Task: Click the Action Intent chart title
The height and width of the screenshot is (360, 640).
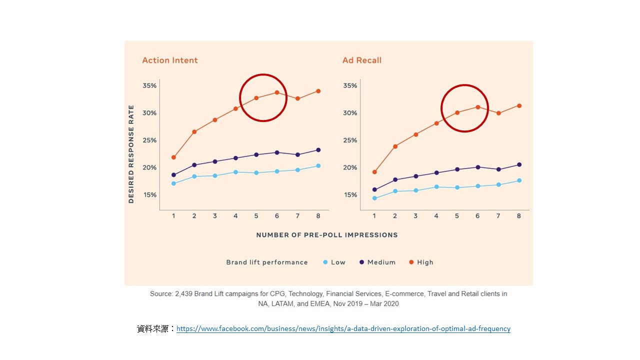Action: coord(170,60)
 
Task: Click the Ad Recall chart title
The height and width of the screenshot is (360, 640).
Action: coord(362,60)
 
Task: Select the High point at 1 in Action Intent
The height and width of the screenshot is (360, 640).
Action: coord(173,157)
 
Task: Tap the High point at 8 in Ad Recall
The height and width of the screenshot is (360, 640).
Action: coord(519,105)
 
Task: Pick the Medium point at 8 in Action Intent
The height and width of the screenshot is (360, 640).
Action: coord(318,150)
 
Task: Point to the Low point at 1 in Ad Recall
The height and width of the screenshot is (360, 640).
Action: coord(374,198)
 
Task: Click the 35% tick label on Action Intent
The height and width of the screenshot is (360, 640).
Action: coord(149,86)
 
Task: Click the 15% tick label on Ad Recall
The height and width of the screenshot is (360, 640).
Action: coord(350,195)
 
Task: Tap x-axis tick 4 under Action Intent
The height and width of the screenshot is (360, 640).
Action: coord(235,216)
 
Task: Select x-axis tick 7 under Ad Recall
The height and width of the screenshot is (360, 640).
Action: coord(498,216)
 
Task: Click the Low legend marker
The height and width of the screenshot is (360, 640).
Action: coord(325,262)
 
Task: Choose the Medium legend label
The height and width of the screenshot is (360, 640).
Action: coord(381,262)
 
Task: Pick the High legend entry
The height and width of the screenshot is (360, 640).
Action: coord(425,262)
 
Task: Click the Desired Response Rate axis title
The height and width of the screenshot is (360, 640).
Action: coord(131,154)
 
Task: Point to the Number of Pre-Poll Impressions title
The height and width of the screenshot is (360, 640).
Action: coord(327,235)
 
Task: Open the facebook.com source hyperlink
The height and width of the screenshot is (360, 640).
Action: coord(343,329)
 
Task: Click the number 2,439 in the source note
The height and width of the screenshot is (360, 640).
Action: coord(184,294)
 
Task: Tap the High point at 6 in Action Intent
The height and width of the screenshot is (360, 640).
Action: coord(277,92)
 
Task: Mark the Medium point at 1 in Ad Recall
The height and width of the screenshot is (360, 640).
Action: coord(374,190)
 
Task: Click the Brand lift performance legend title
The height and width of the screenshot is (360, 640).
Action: coord(267,262)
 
